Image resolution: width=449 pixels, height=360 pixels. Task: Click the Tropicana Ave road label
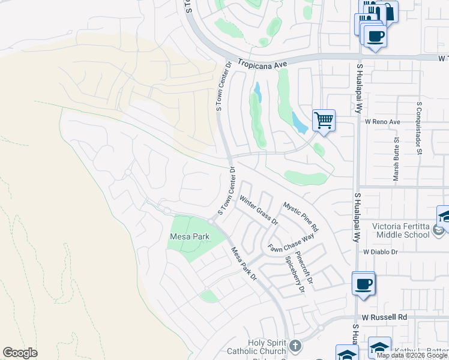[263, 62]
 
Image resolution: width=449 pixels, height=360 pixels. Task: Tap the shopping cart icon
[324, 121]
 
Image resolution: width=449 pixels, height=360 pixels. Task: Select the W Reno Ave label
[382, 122]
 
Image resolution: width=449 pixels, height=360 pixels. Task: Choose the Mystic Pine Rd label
[301, 217]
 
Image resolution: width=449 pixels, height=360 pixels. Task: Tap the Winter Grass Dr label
[259, 210]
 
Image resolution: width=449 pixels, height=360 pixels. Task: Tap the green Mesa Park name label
[189, 237]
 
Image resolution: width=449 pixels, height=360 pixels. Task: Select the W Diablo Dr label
[381, 252]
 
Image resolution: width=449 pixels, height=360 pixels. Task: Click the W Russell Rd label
[385, 317]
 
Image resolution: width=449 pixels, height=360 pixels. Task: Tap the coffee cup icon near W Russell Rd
[363, 283]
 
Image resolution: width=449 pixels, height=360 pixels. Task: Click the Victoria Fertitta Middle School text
[401, 230]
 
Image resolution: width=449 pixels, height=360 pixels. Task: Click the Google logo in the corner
[20, 352]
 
